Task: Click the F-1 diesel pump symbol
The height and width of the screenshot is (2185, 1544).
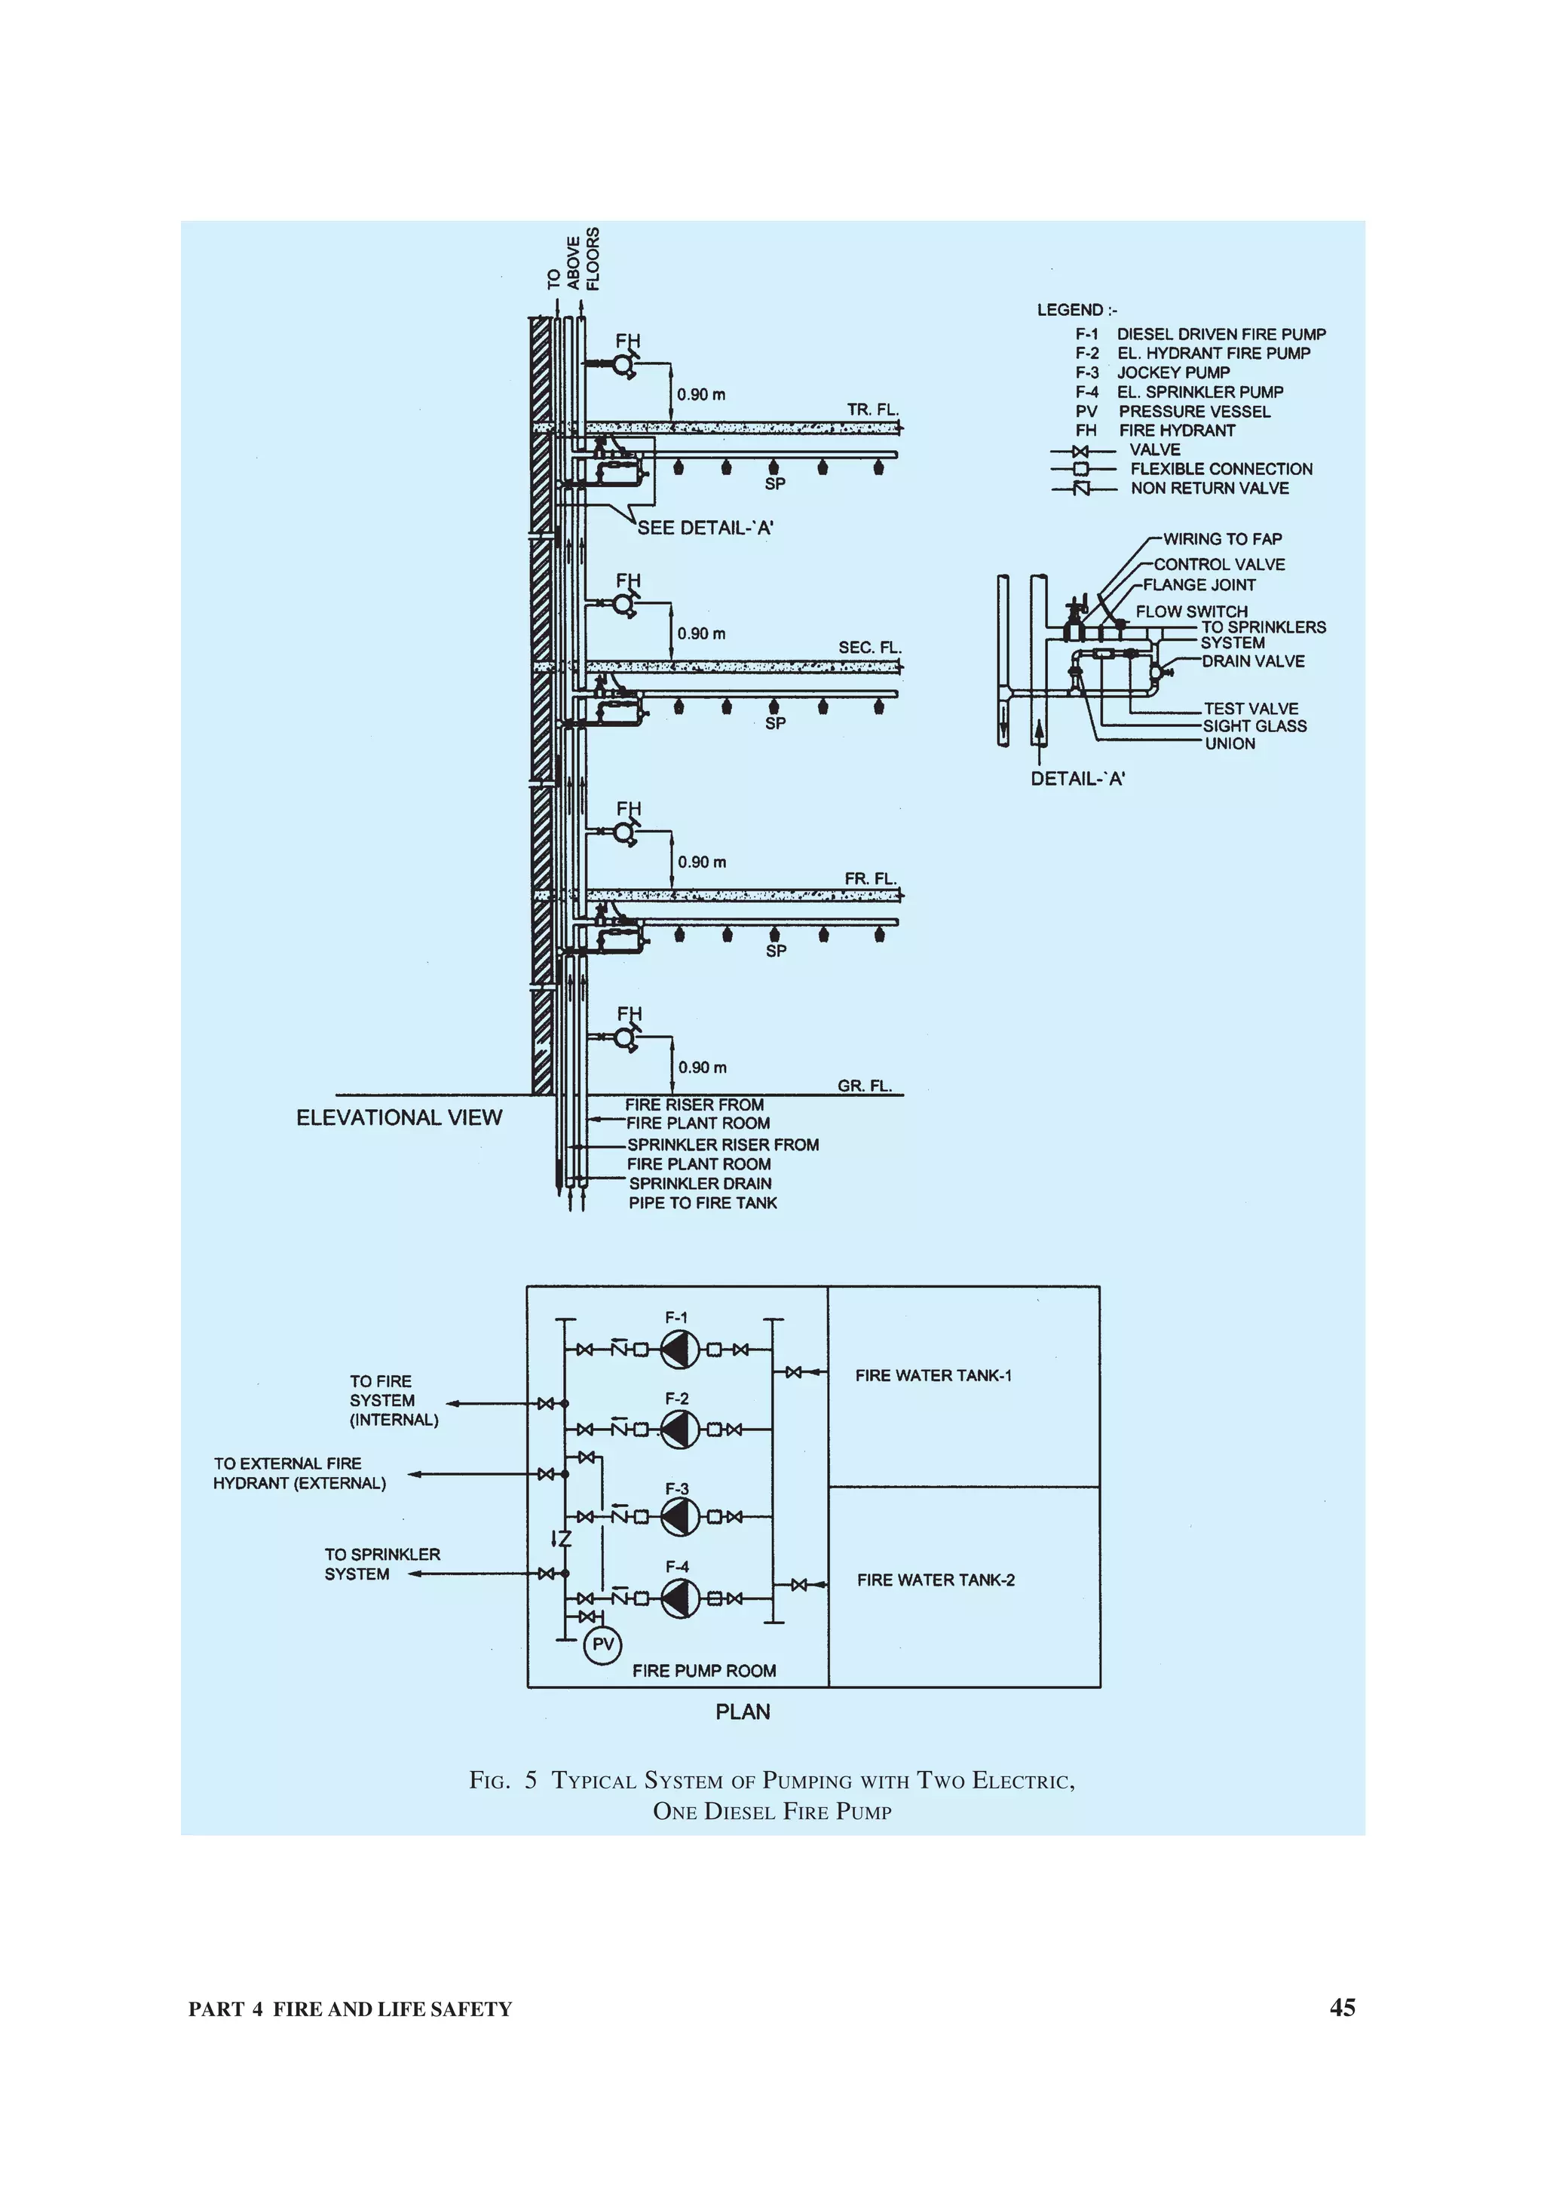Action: coord(679,1349)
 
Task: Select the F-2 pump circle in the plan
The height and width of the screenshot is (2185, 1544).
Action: coord(679,1430)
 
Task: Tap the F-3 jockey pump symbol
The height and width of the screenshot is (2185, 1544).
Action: coord(679,1517)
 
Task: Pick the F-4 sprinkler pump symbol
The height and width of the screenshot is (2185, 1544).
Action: coord(679,1598)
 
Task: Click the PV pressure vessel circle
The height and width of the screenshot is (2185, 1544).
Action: coord(601,1644)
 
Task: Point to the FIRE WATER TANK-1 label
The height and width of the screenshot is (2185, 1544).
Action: coord(933,1375)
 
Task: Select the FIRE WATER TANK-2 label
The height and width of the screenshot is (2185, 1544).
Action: coord(935,1580)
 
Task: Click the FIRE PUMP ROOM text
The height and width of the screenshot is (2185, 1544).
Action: coord(704,1670)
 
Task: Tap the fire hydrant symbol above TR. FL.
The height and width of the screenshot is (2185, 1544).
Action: coord(624,364)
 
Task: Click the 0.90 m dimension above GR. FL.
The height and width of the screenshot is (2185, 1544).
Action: coord(702,1068)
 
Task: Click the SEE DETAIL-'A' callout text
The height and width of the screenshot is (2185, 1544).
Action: coord(705,529)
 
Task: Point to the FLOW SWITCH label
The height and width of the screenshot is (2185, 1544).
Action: coord(1191,611)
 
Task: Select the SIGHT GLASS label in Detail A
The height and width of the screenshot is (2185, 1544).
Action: coord(1254,726)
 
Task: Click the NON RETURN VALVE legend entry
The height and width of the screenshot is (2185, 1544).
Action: coord(1209,489)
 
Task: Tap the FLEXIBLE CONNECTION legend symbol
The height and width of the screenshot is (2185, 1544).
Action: coord(1080,469)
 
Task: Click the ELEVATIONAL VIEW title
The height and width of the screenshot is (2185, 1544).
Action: coord(399,1117)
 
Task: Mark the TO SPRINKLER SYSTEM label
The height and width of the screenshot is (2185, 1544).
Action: coord(381,1564)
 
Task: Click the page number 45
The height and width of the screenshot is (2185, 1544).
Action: coord(1341,2008)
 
